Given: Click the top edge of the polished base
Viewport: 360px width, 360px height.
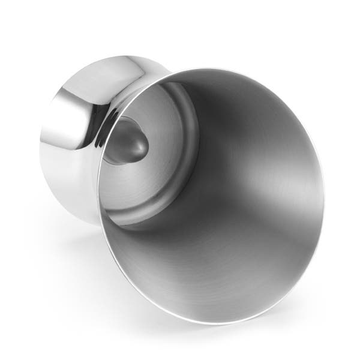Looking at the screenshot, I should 114,57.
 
